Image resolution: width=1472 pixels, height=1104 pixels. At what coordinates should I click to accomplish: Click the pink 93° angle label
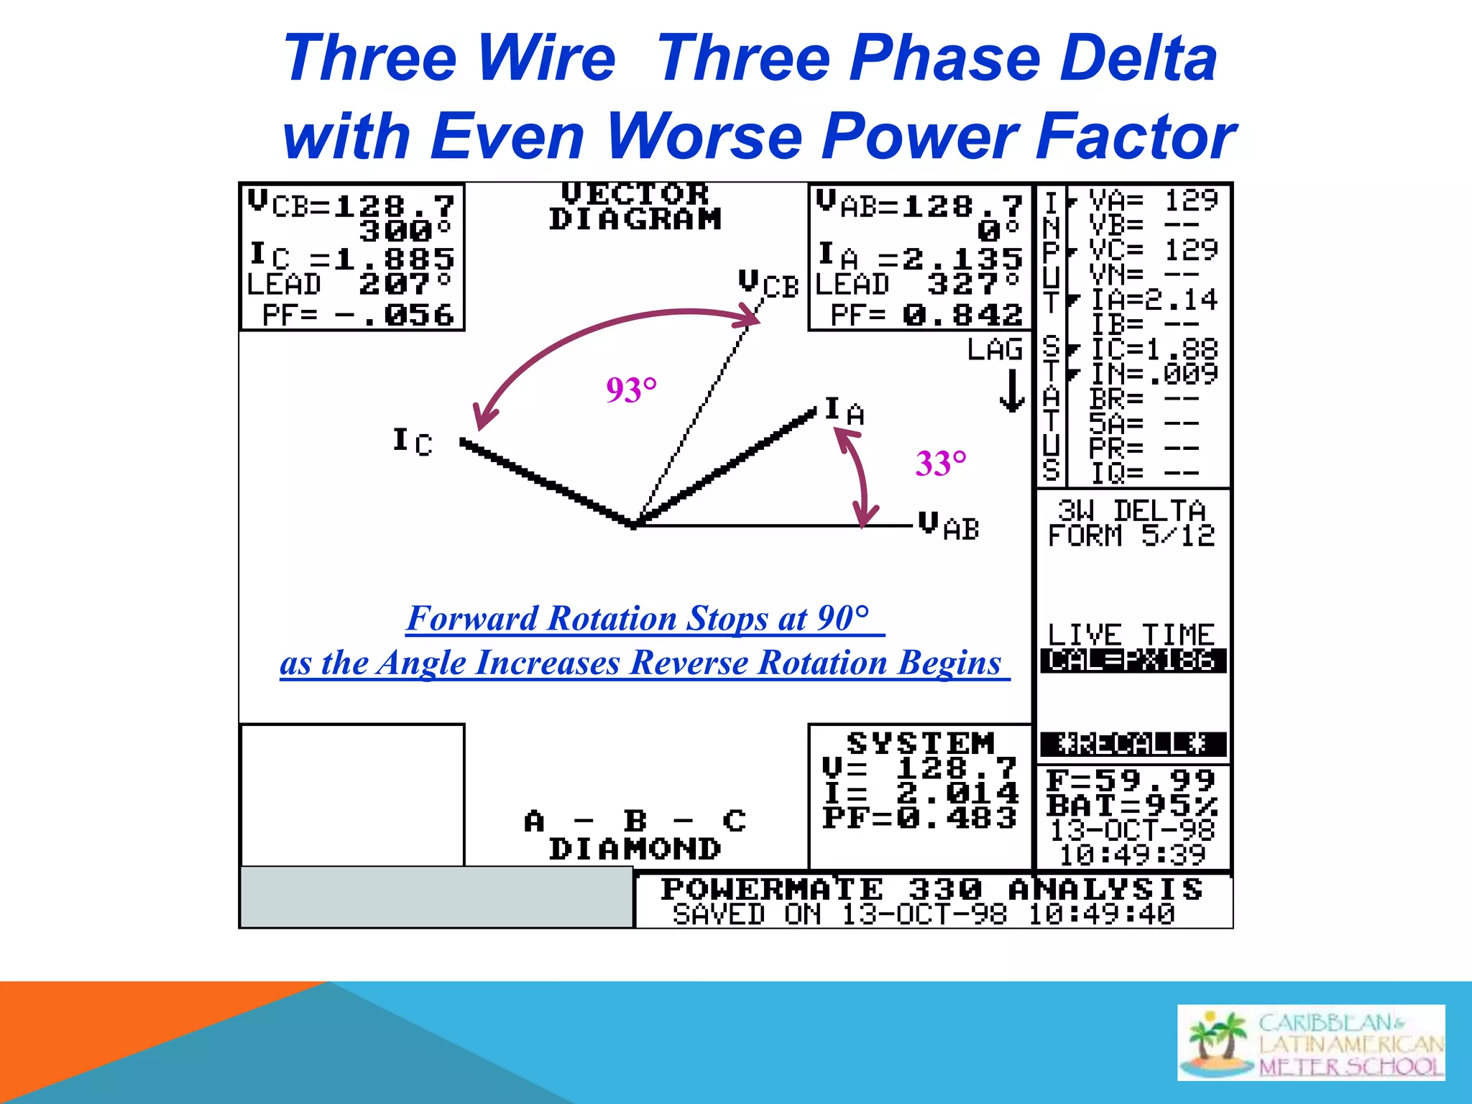[631, 390]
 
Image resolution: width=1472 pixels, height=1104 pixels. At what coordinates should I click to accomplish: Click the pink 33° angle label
[941, 464]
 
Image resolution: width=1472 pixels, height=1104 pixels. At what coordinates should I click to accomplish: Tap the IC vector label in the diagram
[413, 441]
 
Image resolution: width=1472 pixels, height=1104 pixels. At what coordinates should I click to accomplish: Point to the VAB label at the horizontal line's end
[949, 526]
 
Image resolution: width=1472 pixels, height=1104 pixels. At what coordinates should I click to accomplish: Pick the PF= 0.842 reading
[926, 315]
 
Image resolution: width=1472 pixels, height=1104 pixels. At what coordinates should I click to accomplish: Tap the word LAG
[995, 349]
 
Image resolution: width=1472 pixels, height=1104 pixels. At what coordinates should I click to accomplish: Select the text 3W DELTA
[1131, 510]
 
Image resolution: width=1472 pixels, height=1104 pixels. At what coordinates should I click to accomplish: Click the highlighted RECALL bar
[1133, 744]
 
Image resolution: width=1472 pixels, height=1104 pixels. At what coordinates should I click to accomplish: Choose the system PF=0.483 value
[920, 818]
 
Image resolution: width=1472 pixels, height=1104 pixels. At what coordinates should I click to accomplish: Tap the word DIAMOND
[635, 850]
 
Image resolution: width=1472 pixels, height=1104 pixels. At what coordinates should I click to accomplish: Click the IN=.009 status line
[1153, 374]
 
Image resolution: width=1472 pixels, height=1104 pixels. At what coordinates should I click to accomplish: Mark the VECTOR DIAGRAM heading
[635, 206]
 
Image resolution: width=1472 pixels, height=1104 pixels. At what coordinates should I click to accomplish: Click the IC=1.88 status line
[1153, 349]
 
